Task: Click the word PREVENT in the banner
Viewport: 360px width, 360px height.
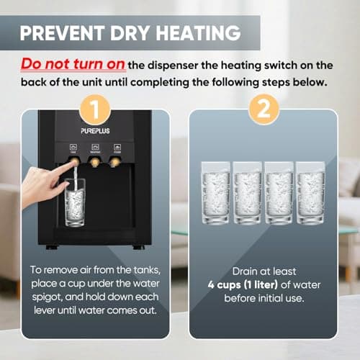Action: tap(63, 33)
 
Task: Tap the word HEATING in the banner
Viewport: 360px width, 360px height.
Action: tap(198, 33)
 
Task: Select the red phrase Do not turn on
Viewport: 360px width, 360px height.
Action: tap(73, 64)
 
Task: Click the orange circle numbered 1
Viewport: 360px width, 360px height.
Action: tap(95, 110)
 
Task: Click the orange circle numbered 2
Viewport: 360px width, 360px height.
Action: tap(264, 109)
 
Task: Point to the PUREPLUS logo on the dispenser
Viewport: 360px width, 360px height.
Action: tap(95, 131)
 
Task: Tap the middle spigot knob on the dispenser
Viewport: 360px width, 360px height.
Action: tap(94, 162)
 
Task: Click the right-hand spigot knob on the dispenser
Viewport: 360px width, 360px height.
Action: tap(115, 162)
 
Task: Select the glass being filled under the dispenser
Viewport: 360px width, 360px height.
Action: tap(75, 202)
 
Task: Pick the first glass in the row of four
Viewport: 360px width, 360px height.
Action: tap(216, 193)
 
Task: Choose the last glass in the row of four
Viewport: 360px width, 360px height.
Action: tap(310, 193)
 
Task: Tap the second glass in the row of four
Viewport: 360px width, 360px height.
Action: tap(248, 193)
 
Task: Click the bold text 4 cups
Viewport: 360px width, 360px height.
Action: tap(224, 285)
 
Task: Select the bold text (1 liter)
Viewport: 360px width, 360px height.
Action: tap(261, 285)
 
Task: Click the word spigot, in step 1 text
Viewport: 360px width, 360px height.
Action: tap(47, 297)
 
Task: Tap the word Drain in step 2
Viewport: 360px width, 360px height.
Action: tap(243, 271)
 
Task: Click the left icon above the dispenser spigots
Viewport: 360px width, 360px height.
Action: tap(73, 147)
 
